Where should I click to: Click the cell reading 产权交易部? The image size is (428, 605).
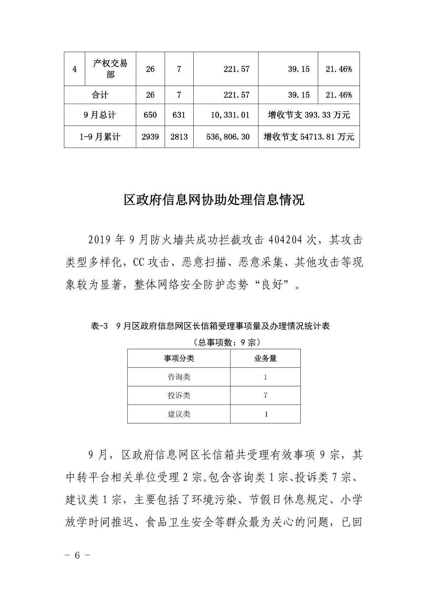point(110,69)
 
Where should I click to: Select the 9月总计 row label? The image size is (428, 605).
point(100,115)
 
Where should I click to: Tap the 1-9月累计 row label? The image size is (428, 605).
point(100,137)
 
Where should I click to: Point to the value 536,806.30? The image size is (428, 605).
point(228,137)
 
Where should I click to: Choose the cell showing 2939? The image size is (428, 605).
point(150,137)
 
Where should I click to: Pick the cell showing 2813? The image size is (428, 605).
point(179,137)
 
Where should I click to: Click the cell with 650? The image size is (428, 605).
point(150,115)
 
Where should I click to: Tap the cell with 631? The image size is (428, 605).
point(179,115)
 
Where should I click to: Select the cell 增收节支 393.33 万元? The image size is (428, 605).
point(309,115)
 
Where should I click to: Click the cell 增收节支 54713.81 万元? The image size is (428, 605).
point(309,137)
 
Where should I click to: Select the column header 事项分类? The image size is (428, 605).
point(179,358)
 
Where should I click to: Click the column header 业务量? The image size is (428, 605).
point(265,358)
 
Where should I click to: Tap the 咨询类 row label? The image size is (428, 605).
point(179,377)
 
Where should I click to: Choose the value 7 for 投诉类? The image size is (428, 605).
point(265,395)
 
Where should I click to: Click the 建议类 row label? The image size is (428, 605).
point(179,414)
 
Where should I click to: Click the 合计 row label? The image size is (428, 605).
point(100,95)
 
